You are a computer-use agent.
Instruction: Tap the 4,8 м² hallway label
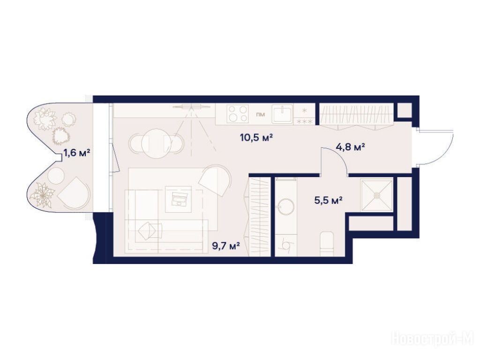[x=350, y=147]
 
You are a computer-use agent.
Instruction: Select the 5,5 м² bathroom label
[x=328, y=201]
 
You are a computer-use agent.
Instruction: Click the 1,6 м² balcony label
[x=76, y=152]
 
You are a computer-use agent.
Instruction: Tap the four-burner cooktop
[x=238, y=114]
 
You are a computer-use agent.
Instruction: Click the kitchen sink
[x=283, y=113]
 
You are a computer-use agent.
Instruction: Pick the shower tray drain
[x=376, y=195]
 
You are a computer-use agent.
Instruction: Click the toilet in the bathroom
[x=327, y=244]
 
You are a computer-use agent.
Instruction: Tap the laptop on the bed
[x=179, y=198]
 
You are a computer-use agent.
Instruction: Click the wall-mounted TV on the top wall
[x=191, y=106]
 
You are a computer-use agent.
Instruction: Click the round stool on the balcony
[x=56, y=176]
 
